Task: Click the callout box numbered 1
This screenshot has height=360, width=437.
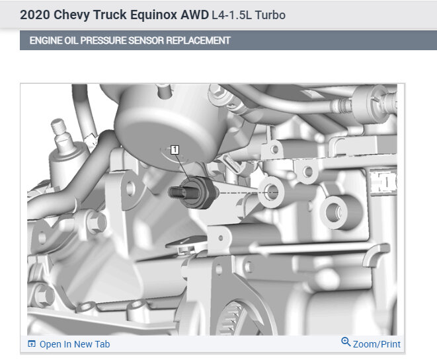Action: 175,150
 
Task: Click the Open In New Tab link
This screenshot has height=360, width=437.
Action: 75,344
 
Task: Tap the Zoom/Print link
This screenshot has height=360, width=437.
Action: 377,344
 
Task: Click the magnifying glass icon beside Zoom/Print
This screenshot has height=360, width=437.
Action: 346,342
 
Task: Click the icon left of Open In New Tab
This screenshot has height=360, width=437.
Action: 32,344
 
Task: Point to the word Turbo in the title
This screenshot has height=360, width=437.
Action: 270,15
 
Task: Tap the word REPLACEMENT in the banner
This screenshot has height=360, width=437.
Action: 198,41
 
